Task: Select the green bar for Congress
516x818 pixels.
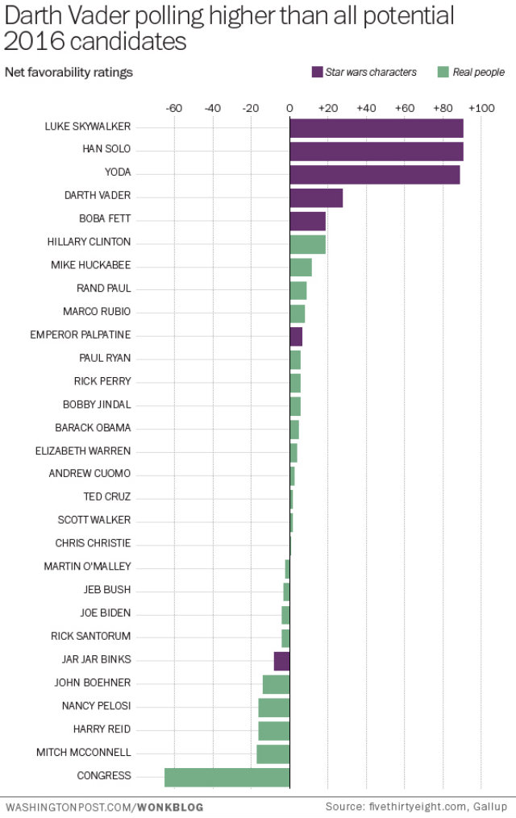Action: (x=227, y=777)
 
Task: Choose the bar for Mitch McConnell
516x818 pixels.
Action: (x=273, y=754)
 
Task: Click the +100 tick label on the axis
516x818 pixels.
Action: (x=481, y=108)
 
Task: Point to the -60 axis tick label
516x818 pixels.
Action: (x=173, y=108)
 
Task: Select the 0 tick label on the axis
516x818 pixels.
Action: (x=289, y=108)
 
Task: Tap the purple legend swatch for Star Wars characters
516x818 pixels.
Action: (x=317, y=73)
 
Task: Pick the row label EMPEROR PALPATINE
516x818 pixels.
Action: (x=80, y=334)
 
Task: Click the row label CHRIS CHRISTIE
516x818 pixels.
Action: (x=93, y=543)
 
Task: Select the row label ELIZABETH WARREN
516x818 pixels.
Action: (x=83, y=451)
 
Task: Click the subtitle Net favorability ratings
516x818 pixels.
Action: (x=69, y=73)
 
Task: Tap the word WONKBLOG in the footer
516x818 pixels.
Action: (x=171, y=806)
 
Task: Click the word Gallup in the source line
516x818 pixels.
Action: (x=490, y=806)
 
